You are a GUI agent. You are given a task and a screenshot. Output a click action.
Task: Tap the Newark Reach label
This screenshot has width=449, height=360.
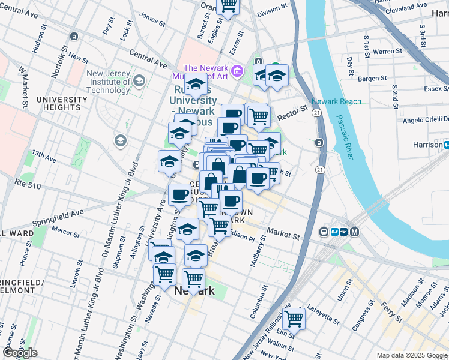pyautogui.click(x=336, y=101)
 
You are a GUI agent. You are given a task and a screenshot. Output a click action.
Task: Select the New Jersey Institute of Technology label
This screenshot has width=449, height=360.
pyautogui.click(x=108, y=82)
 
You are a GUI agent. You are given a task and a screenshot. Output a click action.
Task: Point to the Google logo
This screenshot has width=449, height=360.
pyautogui.click(x=20, y=353)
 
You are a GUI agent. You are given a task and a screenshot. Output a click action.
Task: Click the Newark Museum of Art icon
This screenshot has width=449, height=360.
pyautogui.click(x=237, y=72)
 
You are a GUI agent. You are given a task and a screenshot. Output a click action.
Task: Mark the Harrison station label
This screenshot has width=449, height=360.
pyautogui.click(x=427, y=145)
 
